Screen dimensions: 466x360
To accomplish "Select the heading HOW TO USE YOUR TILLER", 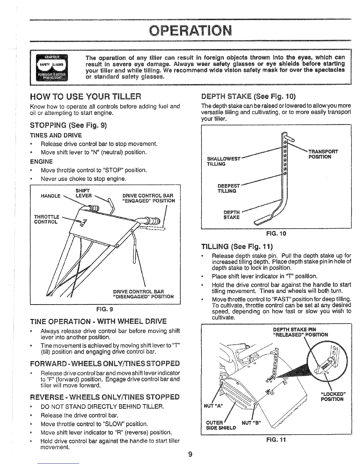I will pyautogui.click(x=86, y=96).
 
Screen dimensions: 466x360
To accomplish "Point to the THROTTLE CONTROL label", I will pyautogui.click(x=46, y=219).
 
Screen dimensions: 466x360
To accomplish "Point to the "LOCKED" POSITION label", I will pyautogui.click(x=332, y=396).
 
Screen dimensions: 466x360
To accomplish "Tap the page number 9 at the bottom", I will pyautogui.click(x=190, y=454).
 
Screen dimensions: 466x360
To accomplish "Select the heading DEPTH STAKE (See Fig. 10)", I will pyautogui.click(x=248, y=96).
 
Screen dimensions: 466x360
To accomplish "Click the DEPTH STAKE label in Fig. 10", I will pyautogui.click(x=232, y=215).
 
